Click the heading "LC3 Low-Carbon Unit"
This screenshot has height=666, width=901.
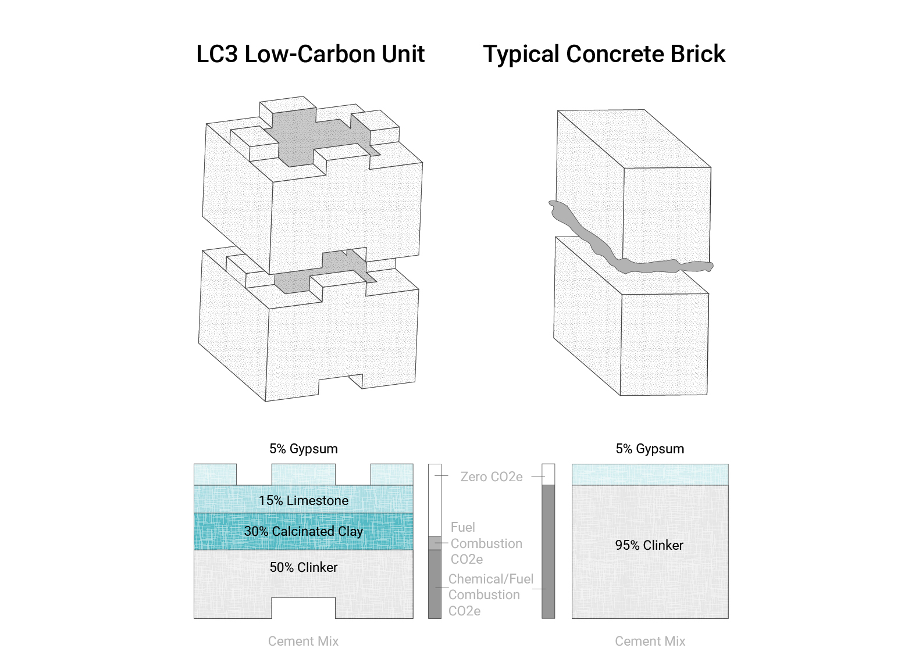(310, 54)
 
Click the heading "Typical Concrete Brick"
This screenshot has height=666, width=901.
(604, 54)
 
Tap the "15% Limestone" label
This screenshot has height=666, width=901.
(303, 500)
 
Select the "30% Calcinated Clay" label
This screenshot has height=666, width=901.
(303, 531)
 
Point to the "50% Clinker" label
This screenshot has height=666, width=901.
(303, 567)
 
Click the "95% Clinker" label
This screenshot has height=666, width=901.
(649, 545)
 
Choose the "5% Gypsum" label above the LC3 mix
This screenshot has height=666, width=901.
(303, 449)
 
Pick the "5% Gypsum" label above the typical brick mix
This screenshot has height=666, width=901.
(650, 449)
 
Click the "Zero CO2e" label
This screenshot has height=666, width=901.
(491, 477)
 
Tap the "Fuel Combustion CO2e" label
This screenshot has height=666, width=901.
(486, 543)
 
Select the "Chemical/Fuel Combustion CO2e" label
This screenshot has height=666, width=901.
(490, 595)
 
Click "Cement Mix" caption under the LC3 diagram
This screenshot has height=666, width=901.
(303, 641)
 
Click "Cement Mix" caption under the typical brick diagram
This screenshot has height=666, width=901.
(650, 641)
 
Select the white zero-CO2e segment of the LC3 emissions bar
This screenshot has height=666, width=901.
(435, 500)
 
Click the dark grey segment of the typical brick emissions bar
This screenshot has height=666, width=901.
(548, 552)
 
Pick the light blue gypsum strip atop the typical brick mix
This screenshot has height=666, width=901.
(650, 474)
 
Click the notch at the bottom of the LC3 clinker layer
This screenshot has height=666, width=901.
(303, 608)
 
